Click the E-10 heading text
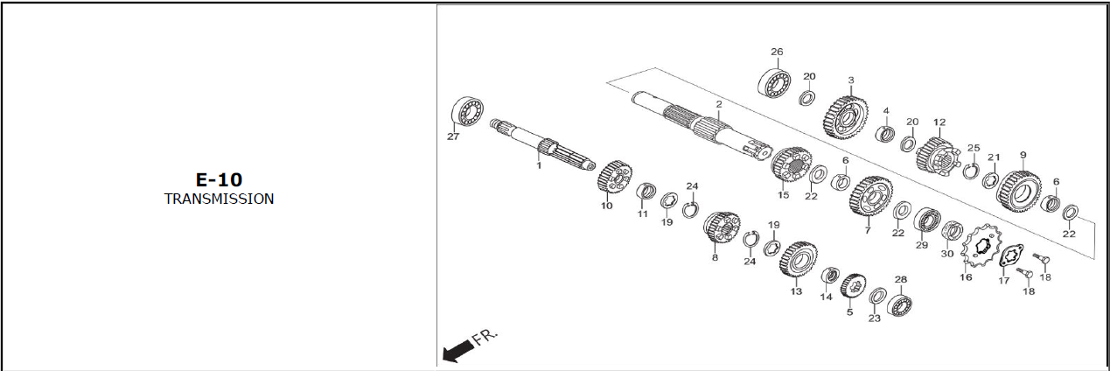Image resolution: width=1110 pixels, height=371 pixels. click(219, 179)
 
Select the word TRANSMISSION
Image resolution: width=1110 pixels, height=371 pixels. click(219, 199)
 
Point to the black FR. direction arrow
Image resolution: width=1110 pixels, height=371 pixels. click(457, 351)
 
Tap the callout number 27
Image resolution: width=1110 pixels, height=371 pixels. click(453, 136)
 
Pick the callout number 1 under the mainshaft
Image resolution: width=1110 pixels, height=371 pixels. click(539, 165)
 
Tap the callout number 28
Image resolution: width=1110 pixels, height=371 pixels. click(901, 280)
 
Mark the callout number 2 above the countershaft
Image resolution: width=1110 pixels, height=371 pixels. click(718, 104)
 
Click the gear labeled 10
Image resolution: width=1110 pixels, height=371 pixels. click(614, 180)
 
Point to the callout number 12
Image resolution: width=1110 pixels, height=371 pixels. click(939, 122)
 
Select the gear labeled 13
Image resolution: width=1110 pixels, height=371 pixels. click(798, 264)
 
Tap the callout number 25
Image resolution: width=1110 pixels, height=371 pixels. click(974, 148)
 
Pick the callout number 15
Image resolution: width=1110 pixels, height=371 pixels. click(784, 195)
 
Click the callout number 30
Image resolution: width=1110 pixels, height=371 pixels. click(947, 254)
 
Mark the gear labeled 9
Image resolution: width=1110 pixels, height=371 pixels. click(1019, 191)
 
